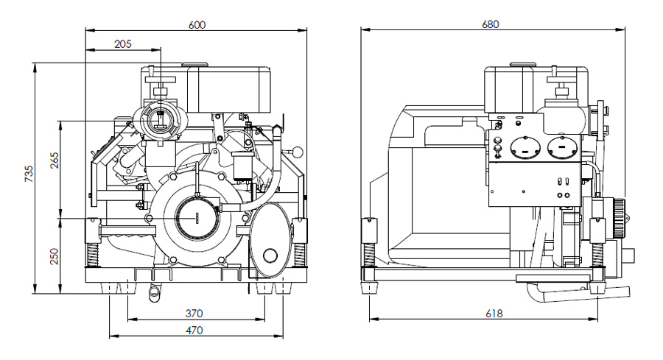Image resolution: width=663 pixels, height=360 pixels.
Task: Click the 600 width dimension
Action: point(197,24)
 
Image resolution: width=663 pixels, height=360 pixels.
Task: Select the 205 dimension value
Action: point(123,44)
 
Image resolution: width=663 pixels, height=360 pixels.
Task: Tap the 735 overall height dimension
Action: point(29,174)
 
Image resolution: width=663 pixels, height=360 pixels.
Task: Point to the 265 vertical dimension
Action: point(54,160)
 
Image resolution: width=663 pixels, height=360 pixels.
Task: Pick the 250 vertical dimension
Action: point(54,256)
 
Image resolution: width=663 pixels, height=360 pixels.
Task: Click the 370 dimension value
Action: point(194,313)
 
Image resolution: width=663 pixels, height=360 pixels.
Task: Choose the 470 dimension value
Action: point(194,331)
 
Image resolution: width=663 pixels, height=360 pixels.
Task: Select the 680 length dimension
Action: point(491,24)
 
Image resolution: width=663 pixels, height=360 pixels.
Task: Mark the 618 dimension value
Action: point(494,313)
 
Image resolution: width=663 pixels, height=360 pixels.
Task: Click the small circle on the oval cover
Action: point(270,255)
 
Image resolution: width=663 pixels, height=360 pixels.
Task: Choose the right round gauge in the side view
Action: point(561,147)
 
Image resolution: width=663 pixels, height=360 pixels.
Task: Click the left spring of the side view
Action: point(367,255)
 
